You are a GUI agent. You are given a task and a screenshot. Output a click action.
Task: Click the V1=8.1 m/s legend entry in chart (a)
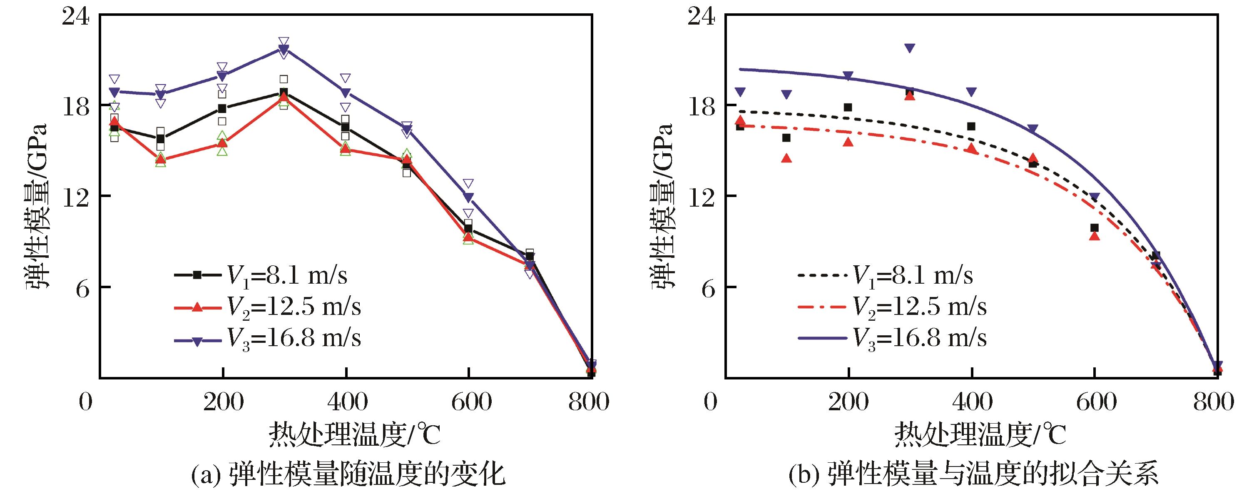click(x=261, y=275)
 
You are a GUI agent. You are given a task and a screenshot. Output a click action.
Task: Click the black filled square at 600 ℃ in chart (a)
click(x=469, y=228)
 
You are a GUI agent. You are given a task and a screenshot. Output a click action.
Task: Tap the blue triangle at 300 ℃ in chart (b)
click(x=910, y=48)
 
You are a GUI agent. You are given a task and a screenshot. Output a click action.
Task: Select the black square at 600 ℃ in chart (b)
click(x=1094, y=228)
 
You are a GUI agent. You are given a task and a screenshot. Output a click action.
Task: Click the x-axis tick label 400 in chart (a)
click(x=346, y=402)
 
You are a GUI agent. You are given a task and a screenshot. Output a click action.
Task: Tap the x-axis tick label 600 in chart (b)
click(x=1095, y=402)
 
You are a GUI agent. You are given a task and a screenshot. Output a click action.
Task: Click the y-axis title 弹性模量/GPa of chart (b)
click(x=663, y=205)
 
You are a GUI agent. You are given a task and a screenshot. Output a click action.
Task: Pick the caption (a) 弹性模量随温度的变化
click(x=347, y=474)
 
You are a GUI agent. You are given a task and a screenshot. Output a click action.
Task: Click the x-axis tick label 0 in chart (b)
click(x=711, y=402)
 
